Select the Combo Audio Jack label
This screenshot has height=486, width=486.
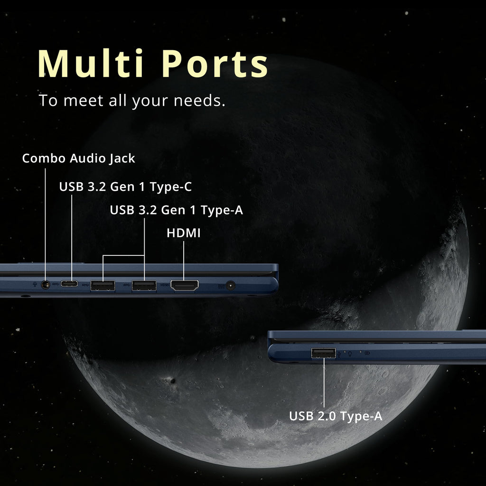coord(78,159)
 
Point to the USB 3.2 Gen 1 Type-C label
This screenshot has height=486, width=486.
coord(125,187)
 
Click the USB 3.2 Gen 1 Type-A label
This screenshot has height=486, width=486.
coord(176,210)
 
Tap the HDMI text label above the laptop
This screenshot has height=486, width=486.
coord(183,233)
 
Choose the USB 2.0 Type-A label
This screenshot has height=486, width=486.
coord(336,416)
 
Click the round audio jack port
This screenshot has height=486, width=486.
coord(46,285)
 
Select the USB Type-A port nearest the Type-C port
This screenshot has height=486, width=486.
coord(103,285)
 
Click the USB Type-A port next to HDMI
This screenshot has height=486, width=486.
coord(144,285)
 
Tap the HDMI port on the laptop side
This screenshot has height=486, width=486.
coord(185,285)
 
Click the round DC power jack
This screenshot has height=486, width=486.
coord(231,285)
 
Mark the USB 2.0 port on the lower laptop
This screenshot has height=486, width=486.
coord(324,353)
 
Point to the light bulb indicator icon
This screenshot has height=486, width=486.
coord(349,353)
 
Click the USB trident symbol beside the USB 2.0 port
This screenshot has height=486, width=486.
coord(340,354)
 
